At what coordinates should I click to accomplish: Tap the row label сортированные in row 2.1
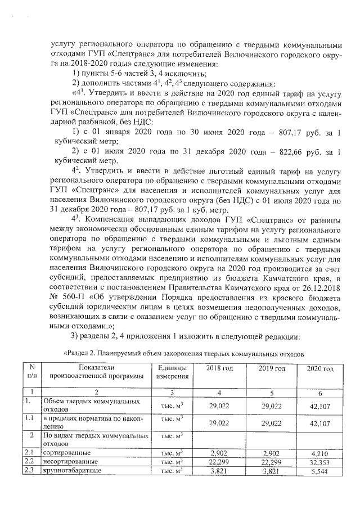point(65,453)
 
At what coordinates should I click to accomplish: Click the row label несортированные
point(70,461)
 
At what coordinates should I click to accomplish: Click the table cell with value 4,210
point(319,453)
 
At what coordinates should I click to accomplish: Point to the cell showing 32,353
point(319,462)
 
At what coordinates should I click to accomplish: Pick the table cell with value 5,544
point(319,471)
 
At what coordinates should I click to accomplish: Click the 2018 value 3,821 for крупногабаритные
point(219,471)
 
